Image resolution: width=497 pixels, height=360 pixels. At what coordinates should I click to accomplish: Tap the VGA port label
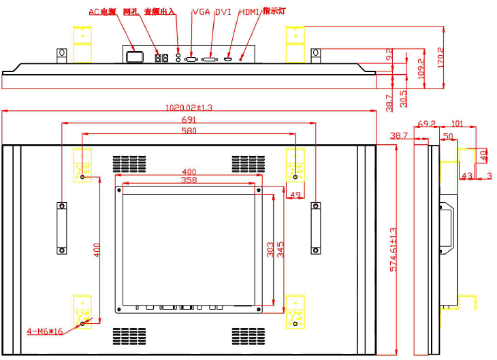[201, 12]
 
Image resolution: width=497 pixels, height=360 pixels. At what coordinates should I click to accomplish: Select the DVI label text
[223, 12]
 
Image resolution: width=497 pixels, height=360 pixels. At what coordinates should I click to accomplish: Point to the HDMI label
[248, 12]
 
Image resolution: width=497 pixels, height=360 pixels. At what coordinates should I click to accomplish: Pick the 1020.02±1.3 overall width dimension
[189, 107]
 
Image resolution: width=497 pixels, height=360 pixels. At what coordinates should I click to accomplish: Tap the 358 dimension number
[189, 180]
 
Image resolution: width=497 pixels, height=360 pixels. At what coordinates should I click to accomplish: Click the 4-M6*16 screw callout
[44, 331]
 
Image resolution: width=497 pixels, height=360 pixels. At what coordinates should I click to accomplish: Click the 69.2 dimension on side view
[426, 125]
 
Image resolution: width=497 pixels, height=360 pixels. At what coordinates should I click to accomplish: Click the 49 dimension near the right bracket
[295, 195]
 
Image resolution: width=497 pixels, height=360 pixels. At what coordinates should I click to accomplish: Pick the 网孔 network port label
[130, 12]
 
